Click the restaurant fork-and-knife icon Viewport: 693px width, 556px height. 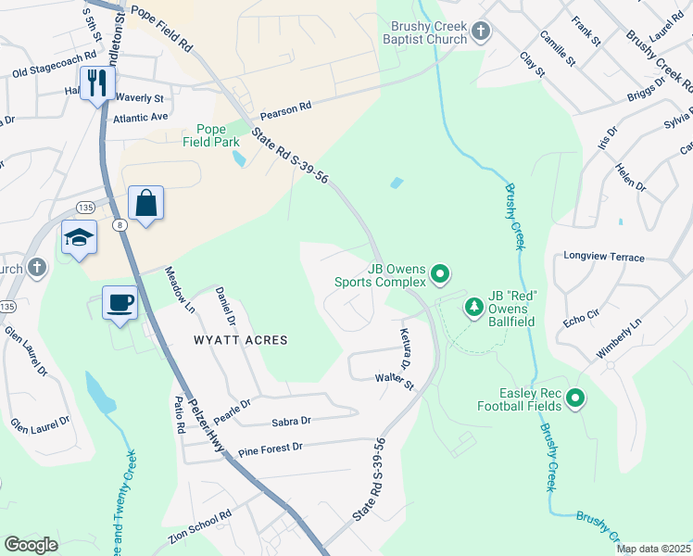(x=96, y=83)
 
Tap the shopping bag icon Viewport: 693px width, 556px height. (x=146, y=203)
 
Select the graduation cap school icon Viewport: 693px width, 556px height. (x=79, y=238)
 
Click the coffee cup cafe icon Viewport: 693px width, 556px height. (x=120, y=303)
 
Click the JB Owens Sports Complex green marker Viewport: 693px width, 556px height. (x=440, y=273)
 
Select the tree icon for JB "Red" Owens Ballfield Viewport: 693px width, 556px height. (x=473, y=306)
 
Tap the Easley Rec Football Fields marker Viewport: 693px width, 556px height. (x=575, y=398)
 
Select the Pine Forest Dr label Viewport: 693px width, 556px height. (x=271, y=448)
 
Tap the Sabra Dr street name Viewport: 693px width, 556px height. (x=291, y=421)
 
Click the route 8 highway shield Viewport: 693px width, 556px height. (x=120, y=224)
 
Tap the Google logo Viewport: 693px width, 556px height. (x=31, y=545)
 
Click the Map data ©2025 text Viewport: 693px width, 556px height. (x=653, y=549)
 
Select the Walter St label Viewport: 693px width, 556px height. (x=393, y=378)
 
